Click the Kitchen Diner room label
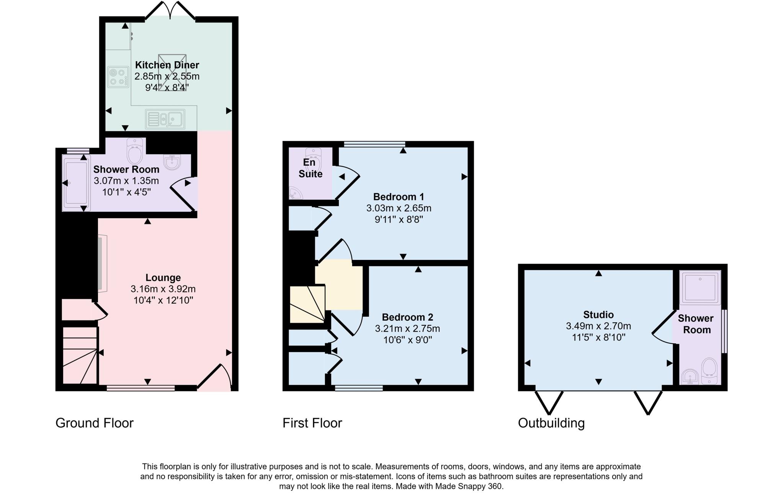click(167, 65)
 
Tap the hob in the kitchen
click(118, 77)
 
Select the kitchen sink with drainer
click(165, 119)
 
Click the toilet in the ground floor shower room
click(134, 152)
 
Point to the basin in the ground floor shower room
click(172, 161)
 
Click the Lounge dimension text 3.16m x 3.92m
click(163, 289)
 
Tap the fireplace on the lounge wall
click(102, 264)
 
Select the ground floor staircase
click(80, 355)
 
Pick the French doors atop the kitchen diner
click(170, 10)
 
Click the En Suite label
click(310, 168)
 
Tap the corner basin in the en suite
click(295, 194)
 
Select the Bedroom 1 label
click(399, 197)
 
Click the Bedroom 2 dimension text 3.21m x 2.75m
click(407, 329)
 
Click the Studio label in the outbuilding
click(598, 315)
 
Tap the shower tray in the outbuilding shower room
click(700, 287)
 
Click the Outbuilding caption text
click(551, 423)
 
